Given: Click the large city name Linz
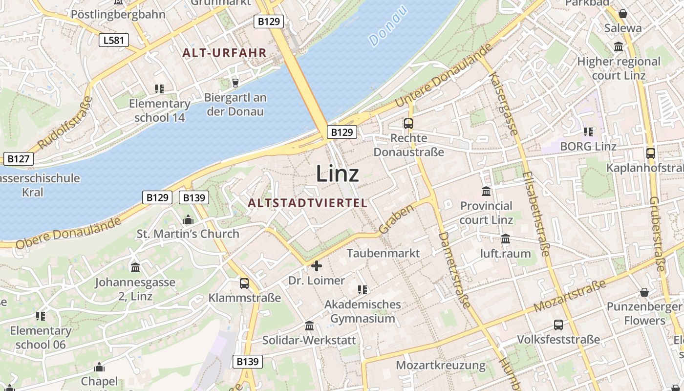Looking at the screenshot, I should (x=338, y=174).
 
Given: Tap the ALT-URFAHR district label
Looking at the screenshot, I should (x=224, y=53).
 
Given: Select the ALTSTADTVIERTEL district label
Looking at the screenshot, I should (x=307, y=203).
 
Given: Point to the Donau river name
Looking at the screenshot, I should (x=388, y=26).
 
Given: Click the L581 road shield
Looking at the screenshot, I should (x=114, y=40).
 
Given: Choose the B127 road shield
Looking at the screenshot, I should (x=19, y=158).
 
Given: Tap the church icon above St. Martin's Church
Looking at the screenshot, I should (x=188, y=220).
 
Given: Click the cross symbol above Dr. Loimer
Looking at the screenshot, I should (x=317, y=266).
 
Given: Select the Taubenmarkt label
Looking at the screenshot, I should (x=383, y=253).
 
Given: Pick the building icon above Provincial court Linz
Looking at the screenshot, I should (x=486, y=191).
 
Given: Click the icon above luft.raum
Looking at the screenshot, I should (x=506, y=239).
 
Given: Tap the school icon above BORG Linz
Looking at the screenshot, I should (x=588, y=131).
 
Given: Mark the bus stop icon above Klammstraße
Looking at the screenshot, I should (x=244, y=283).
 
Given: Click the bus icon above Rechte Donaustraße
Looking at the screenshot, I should (x=408, y=124).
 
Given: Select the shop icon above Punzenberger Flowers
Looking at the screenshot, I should (x=644, y=292).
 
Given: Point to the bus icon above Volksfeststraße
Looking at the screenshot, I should (x=558, y=325).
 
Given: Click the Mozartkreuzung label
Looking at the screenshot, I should (x=441, y=365).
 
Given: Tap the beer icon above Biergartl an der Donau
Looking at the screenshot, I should (x=235, y=83).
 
